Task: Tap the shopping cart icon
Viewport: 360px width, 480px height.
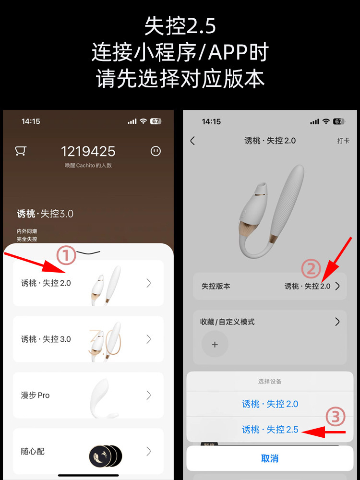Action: pos(20,151)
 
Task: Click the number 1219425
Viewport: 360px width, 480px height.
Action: pos(88,152)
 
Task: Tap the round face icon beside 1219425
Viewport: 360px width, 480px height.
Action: pos(155,151)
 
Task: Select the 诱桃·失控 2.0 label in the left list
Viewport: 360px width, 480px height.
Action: pos(46,283)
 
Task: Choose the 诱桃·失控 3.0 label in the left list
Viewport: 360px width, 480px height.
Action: pos(46,339)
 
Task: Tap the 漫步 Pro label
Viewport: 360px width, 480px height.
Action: pos(35,396)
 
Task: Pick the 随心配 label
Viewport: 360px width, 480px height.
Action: pos(33,452)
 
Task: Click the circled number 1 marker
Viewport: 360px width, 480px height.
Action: pos(67,256)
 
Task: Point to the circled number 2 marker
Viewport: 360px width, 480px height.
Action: pos(311,269)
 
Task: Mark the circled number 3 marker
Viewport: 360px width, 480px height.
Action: pos(336,417)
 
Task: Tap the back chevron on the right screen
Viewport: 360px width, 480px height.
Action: pos(192,141)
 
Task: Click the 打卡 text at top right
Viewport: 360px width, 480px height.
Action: pos(343,141)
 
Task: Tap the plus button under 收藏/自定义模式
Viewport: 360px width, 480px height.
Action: pos(215,345)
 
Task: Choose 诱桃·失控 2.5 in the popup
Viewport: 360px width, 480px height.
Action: pos(270,430)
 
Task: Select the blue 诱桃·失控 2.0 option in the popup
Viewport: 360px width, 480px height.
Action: pos(270,404)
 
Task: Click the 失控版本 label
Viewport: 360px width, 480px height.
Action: pos(216,286)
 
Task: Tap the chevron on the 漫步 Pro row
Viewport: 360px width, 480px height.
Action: pos(149,396)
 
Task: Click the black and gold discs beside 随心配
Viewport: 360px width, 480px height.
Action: pos(105,454)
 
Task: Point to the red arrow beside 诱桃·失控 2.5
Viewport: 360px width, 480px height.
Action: pos(326,432)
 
